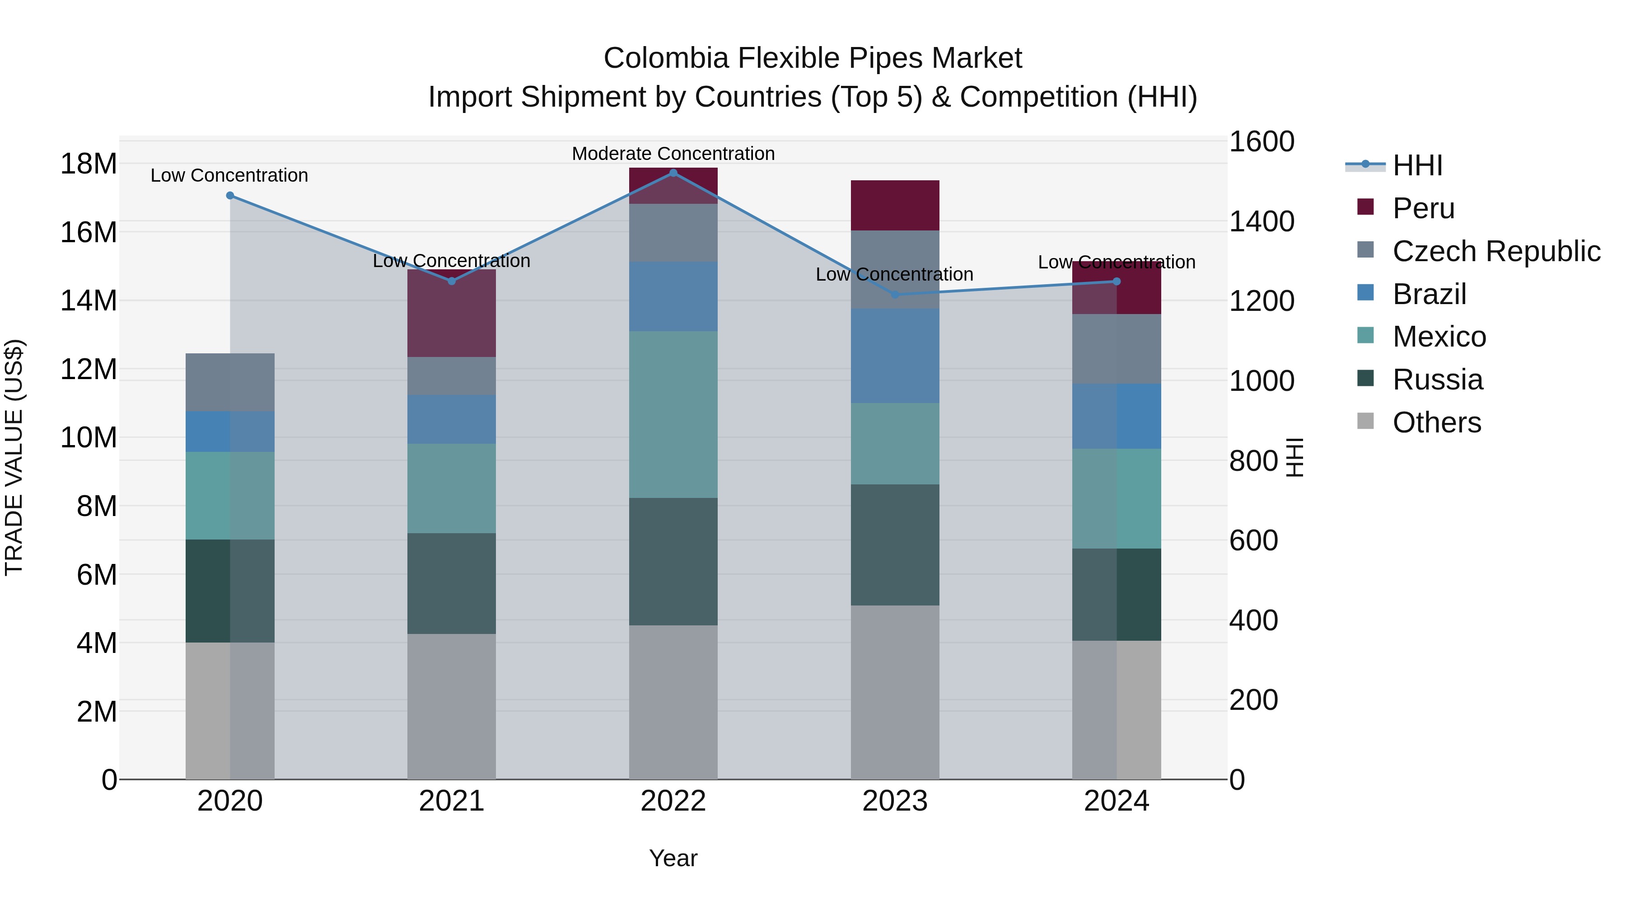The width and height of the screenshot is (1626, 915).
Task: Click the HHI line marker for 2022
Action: (673, 173)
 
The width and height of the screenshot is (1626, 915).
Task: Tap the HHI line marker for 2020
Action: (230, 196)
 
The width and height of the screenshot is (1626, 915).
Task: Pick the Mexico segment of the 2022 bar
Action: (673, 414)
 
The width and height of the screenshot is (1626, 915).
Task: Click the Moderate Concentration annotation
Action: (673, 154)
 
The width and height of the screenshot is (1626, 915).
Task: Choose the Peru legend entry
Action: (1423, 208)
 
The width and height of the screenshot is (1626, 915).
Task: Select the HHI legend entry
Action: (1417, 165)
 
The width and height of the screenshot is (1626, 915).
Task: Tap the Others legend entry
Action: (1436, 422)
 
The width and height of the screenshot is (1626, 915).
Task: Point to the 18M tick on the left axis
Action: (89, 164)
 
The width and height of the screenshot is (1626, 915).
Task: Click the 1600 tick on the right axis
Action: (1261, 141)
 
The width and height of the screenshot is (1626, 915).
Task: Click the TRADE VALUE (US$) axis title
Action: (14, 457)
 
